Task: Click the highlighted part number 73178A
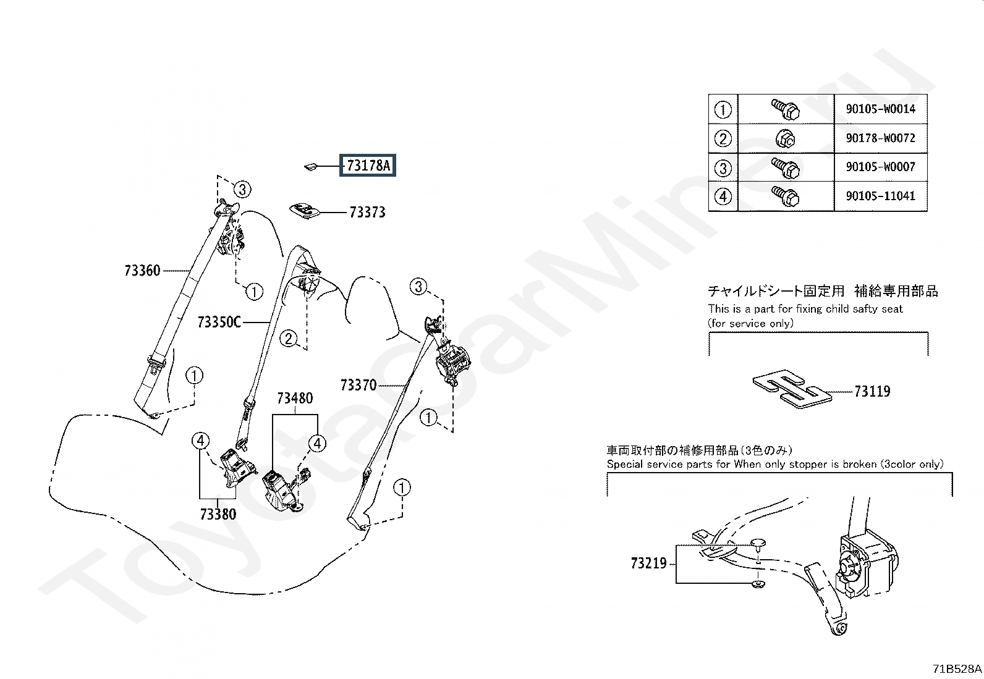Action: tap(368, 165)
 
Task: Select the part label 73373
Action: tap(368, 213)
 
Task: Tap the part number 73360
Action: tap(142, 271)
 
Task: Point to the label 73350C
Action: tap(219, 322)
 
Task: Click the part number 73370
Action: tap(358, 385)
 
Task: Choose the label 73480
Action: tap(295, 399)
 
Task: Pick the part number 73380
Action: tap(218, 514)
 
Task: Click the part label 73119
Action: tap(872, 391)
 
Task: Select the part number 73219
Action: tap(649, 563)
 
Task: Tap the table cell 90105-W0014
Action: tap(881, 109)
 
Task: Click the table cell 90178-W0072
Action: tap(881, 138)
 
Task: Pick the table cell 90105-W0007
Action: tap(881, 167)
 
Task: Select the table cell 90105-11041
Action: tap(881, 196)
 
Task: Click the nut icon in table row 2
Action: tap(786, 139)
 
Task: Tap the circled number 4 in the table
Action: tap(723, 196)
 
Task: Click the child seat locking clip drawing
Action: tap(792, 389)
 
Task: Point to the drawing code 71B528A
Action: tap(957, 669)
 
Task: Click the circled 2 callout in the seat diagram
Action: tap(289, 339)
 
